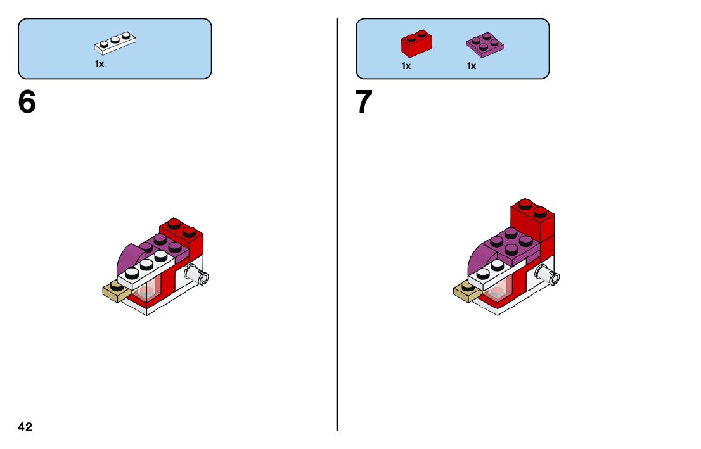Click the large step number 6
27,102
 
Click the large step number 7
364,102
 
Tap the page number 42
25,427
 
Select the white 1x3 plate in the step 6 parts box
116,43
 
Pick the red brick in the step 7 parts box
416,44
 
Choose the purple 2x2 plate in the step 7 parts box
485,44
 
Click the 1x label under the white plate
100,64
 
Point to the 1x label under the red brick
406,66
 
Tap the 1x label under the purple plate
472,66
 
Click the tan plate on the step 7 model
466,291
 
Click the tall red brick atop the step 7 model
532,218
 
